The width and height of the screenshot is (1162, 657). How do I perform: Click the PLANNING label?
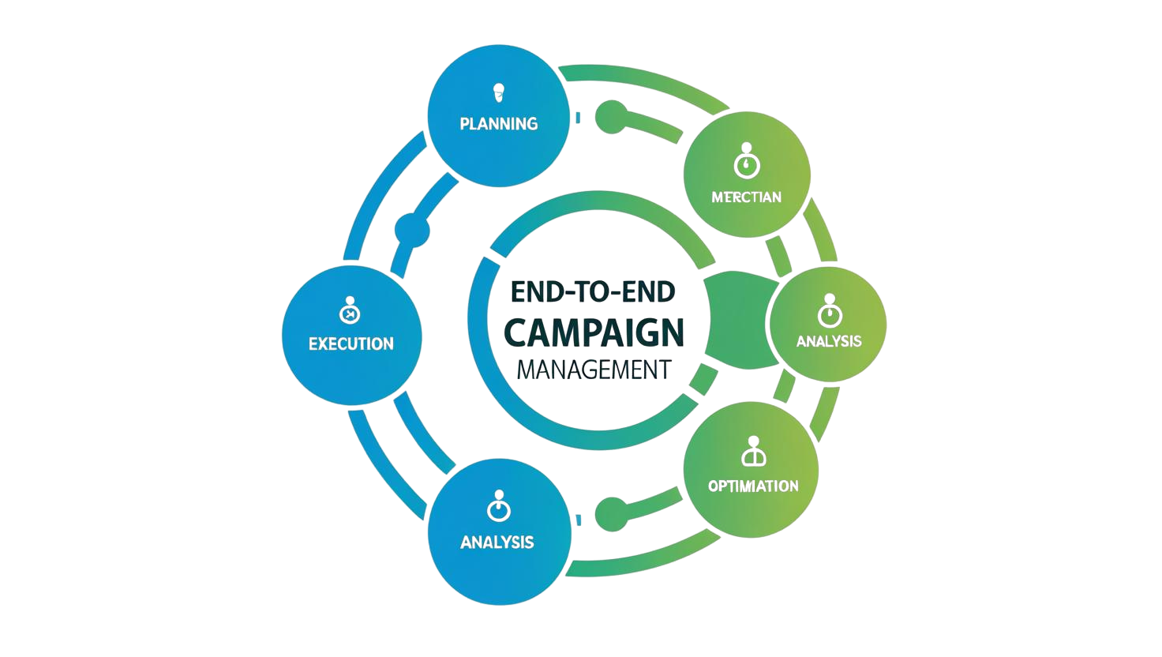[498, 123]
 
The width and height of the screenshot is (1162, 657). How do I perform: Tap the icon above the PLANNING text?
[498, 91]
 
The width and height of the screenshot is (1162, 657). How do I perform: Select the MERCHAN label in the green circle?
[746, 197]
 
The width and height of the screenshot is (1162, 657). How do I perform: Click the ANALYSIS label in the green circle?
[829, 341]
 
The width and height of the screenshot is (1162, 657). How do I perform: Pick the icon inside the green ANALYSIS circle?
[828, 311]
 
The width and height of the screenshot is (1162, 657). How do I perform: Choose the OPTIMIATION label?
[752, 485]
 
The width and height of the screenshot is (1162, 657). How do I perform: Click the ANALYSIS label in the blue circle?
[497, 542]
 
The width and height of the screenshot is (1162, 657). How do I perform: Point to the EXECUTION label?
[350, 344]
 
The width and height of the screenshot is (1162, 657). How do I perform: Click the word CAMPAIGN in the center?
[593, 332]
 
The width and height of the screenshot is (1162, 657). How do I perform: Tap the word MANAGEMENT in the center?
[593, 369]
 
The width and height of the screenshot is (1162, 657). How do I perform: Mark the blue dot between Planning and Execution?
[413, 229]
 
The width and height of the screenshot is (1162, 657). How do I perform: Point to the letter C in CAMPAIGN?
[516, 332]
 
